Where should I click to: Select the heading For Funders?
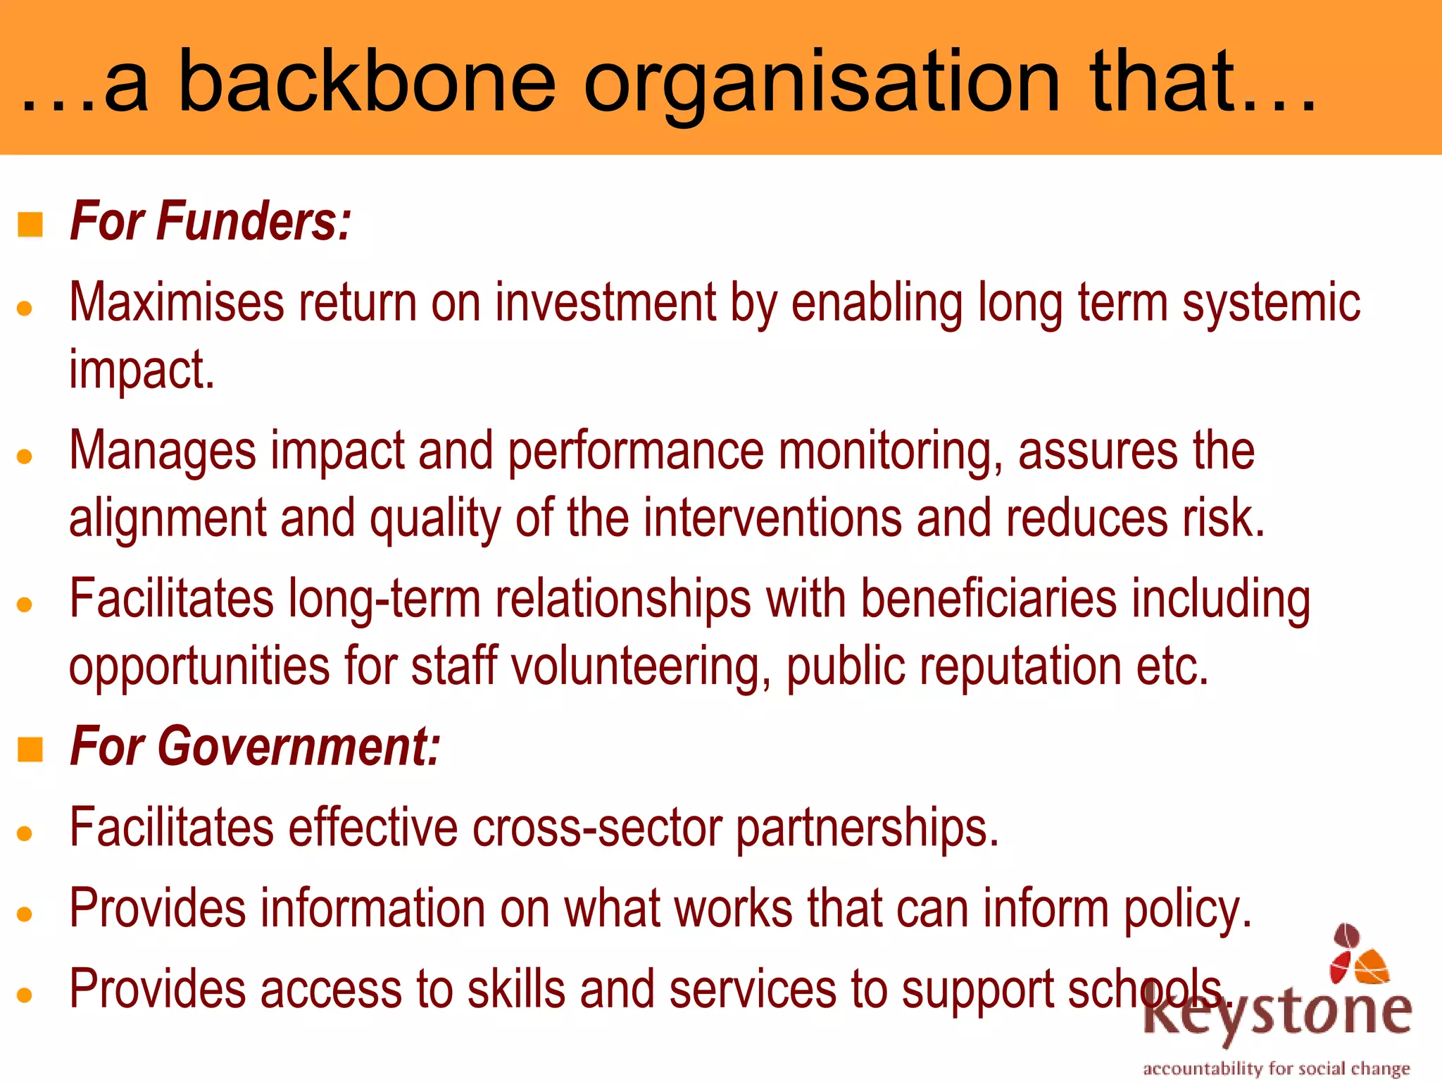pos(210,221)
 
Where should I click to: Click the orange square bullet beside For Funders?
pos(30,225)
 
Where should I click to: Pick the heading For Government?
pos(255,746)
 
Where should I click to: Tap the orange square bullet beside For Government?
pos(30,750)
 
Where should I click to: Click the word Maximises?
pos(176,303)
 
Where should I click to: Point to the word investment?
pos(605,303)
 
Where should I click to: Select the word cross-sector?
pos(596,828)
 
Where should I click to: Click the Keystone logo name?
pos(1278,1012)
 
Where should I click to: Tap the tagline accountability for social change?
pos(1276,1069)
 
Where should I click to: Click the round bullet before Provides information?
pos(25,914)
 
